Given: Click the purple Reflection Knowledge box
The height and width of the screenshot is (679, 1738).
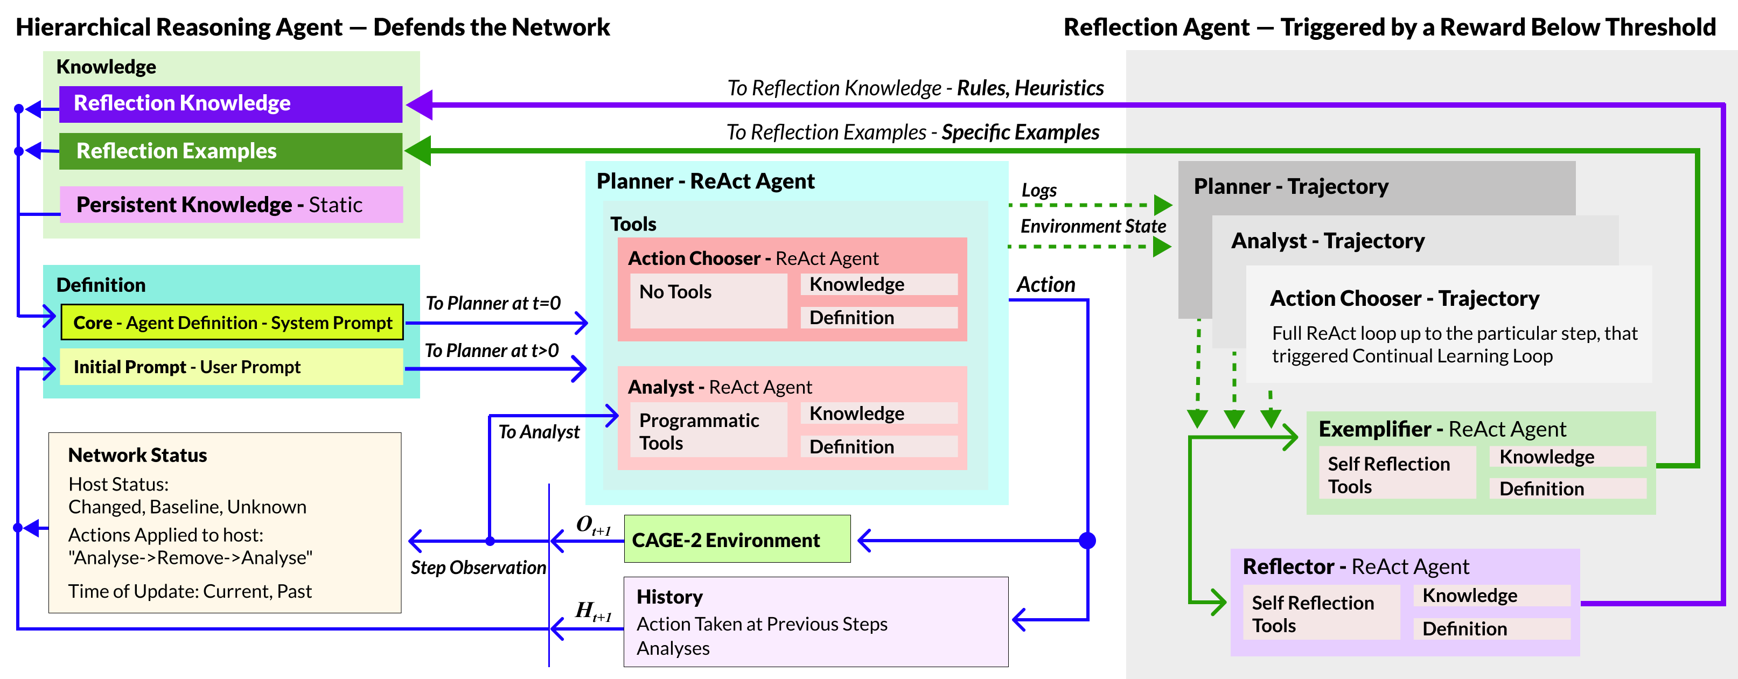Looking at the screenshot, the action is [231, 104].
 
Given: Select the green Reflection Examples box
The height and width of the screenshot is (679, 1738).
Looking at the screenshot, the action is [231, 151].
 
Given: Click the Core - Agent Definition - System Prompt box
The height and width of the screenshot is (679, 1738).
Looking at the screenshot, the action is [232, 323].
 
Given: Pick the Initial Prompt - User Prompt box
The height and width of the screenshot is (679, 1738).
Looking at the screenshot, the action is [232, 367].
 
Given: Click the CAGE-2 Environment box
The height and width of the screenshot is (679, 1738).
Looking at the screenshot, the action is [737, 539].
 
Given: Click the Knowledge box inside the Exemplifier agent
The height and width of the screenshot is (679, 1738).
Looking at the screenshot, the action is [1568, 457].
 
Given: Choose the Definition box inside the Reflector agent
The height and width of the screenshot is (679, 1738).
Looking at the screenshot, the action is [1492, 628].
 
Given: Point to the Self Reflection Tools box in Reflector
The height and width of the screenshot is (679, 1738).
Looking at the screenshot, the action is [1322, 612].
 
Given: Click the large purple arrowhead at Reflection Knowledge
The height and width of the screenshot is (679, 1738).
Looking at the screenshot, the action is [419, 105].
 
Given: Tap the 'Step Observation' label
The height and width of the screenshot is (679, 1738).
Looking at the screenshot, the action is [478, 568].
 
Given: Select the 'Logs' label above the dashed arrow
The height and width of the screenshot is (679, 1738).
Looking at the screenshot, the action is [1039, 191].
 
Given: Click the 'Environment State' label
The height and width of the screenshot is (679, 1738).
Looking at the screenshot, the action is [1093, 226].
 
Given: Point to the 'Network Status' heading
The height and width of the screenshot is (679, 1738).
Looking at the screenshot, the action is [138, 455].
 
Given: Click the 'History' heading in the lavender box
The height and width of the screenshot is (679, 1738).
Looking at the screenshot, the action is [669, 597].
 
